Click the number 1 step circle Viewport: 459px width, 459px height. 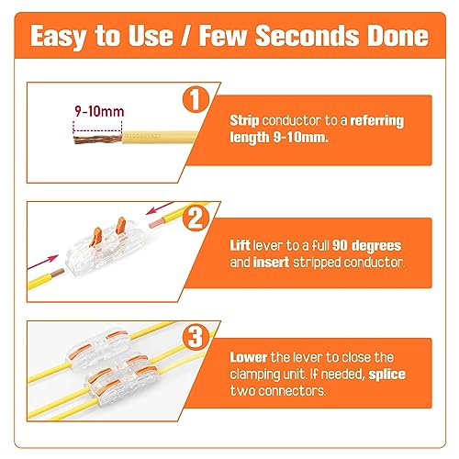coord(196,100)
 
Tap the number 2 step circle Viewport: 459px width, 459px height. coord(196,218)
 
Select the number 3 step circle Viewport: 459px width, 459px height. coord(196,337)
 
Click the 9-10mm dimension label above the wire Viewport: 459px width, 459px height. coord(99,111)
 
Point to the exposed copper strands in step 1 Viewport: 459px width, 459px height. coord(98,140)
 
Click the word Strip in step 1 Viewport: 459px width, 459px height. coord(244,121)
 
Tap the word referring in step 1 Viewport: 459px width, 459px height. coord(377,121)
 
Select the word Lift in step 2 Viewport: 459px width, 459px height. coord(240,245)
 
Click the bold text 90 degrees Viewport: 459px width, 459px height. coord(366,246)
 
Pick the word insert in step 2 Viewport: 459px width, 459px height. coord(272,263)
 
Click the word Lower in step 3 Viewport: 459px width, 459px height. coord(249,357)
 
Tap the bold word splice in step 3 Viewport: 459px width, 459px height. coord(386,375)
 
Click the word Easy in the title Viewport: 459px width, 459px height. coord(58,37)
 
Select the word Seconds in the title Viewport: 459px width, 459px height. coord(307,36)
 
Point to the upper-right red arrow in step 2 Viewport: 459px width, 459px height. coord(159,208)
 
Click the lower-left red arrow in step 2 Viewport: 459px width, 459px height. coord(43,262)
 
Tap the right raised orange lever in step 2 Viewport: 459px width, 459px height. coord(121,226)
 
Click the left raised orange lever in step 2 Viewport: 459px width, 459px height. coord(96,236)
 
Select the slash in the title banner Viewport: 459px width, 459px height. coord(185,36)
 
